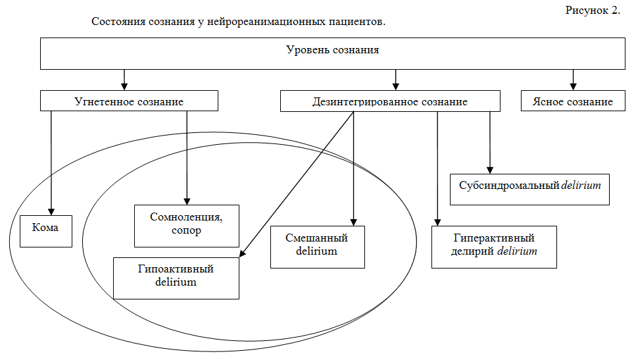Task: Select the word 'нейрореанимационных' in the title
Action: (263, 22)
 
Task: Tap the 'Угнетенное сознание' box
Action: (128, 101)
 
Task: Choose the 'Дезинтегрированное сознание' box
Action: (390, 101)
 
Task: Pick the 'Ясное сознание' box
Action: (573, 101)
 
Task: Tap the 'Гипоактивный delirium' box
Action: (176, 278)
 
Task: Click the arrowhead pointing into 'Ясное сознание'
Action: (573, 86)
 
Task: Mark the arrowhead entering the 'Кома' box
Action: (51, 210)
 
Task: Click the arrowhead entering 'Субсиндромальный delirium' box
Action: (489, 168)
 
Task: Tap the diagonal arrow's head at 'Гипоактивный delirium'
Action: (242, 253)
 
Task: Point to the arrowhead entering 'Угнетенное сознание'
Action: (124, 86)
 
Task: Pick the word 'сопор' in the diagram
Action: (186, 232)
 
